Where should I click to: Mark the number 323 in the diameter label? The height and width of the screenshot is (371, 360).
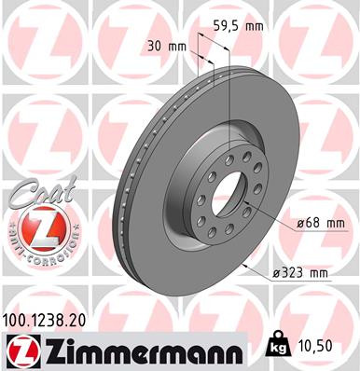tap(292, 273)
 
